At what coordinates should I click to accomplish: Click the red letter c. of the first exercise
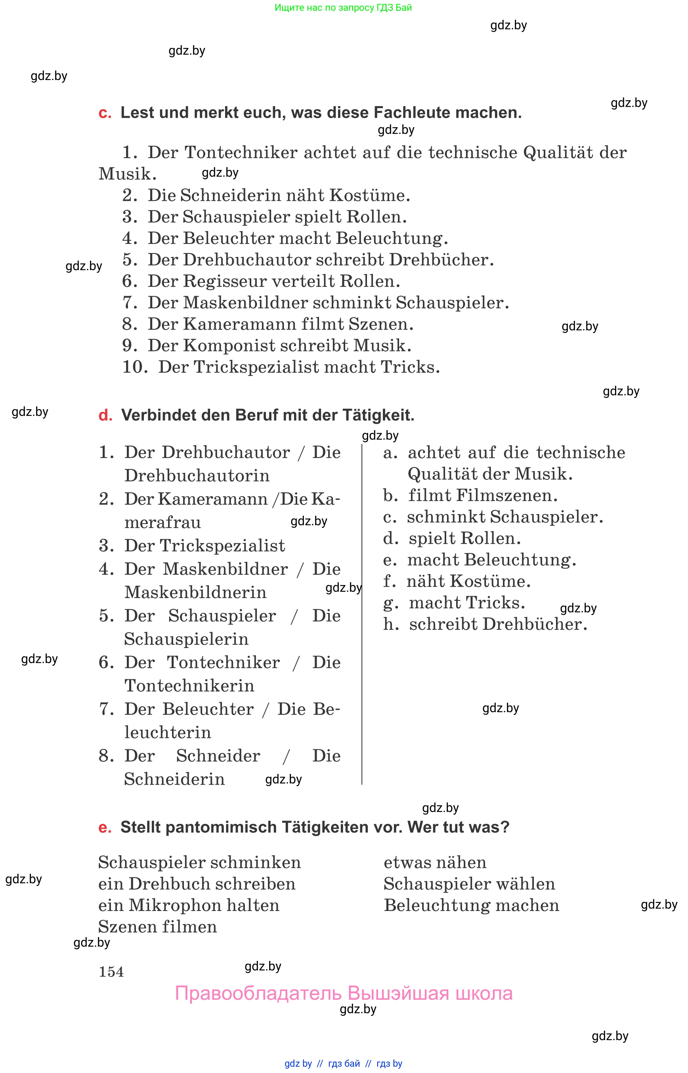pyautogui.click(x=105, y=113)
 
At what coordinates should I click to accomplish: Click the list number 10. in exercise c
pyautogui.click(x=134, y=367)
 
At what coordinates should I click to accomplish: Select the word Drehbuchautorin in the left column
pyautogui.click(x=197, y=476)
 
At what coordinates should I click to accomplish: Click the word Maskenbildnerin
pyautogui.click(x=195, y=593)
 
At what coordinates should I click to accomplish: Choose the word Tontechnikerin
pyautogui.click(x=189, y=686)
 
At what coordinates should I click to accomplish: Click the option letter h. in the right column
pyautogui.click(x=390, y=624)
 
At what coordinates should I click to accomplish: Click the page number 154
pyautogui.click(x=111, y=972)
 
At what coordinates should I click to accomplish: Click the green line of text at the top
pyautogui.click(x=343, y=8)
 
